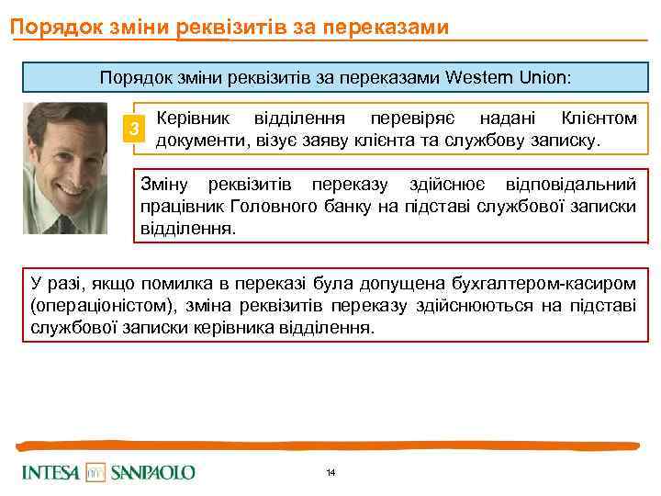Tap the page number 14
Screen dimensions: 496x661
tap(330, 472)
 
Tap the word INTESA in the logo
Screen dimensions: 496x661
tap(52, 472)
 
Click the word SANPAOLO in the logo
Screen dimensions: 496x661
tap(152, 472)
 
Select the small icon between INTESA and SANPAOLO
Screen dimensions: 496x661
tap(96, 472)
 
